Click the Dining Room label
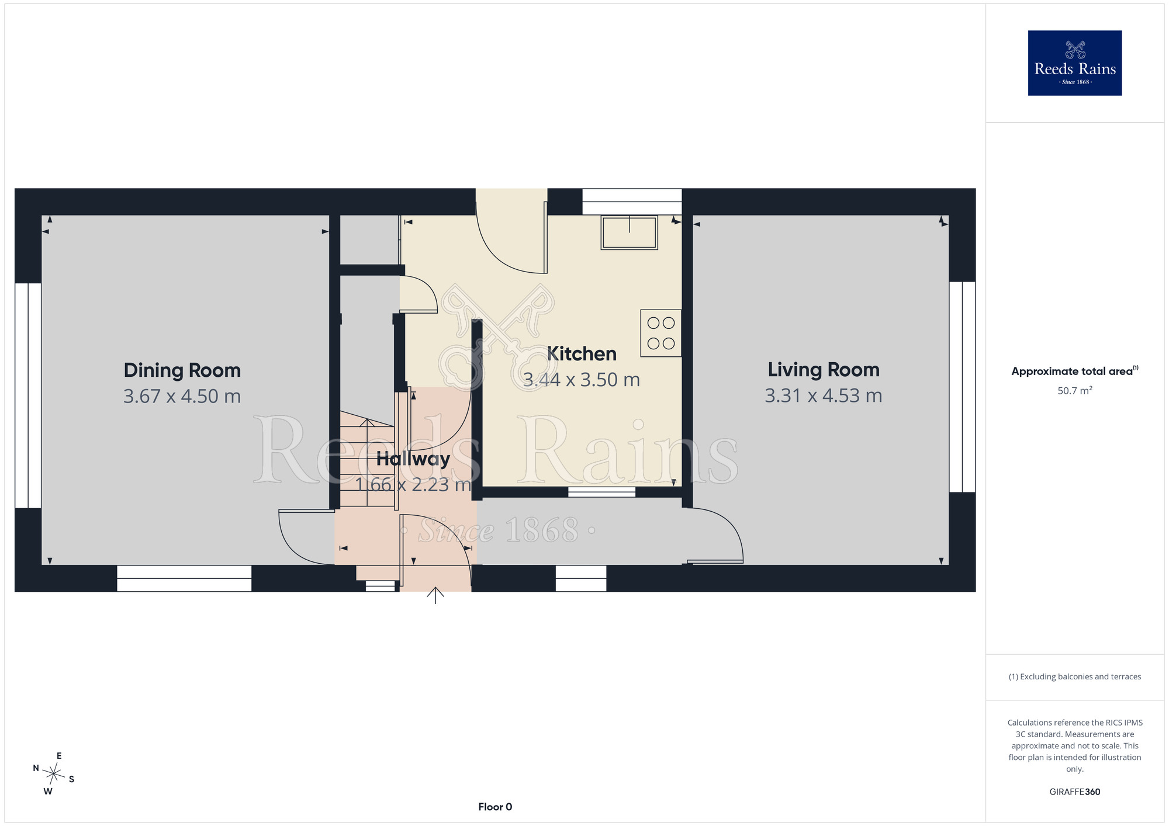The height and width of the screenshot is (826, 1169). tap(182, 370)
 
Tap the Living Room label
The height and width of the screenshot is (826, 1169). tap(824, 370)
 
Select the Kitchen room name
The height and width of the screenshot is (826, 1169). tap(582, 354)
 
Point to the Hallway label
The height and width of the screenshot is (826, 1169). tap(413, 459)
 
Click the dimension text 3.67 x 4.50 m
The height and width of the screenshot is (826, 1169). tap(182, 397)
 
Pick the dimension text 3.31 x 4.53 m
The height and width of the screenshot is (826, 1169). tap(824, 396)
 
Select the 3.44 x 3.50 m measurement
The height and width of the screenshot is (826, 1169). tap(582, 380)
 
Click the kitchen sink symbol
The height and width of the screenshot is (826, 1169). tap(630, 232)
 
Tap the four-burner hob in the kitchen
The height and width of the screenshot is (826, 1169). tap(661, 333)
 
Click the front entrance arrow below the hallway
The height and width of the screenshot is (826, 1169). tap(435, 595)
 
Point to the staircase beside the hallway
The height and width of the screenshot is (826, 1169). tap(368, 459)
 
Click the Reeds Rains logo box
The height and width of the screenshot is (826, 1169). tap(1075, 63)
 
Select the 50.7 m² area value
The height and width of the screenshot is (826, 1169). tap(1075, 391)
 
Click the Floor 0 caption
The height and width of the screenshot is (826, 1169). tap(495, 807)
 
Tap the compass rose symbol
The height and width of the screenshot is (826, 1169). tap(54, 774)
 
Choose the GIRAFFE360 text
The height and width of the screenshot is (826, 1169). tap(1075, 792)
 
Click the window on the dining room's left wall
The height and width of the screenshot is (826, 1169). tap(28, 395)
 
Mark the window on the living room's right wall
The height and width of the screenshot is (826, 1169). tap(962, 387)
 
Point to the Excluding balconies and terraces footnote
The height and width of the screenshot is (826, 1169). tap(1075, 676)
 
